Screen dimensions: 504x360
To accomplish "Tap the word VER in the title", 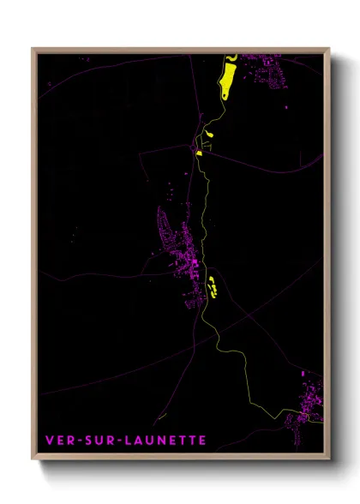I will coord(59,440).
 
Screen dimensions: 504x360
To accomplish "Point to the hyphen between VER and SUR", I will coord(77,440).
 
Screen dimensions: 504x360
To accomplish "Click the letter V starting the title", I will coord(49,440).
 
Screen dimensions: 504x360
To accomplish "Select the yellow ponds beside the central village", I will coord(212,285).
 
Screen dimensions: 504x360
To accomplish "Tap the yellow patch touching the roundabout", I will coord(199,153).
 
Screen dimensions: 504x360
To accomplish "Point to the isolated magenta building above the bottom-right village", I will coord(303,374).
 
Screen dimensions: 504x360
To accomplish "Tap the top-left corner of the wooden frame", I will coord(33,49).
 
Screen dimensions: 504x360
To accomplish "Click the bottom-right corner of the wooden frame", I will coord(329,463).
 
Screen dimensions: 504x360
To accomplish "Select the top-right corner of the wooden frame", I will coord(329,49).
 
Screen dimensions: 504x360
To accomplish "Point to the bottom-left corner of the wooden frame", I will coord(33,463).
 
